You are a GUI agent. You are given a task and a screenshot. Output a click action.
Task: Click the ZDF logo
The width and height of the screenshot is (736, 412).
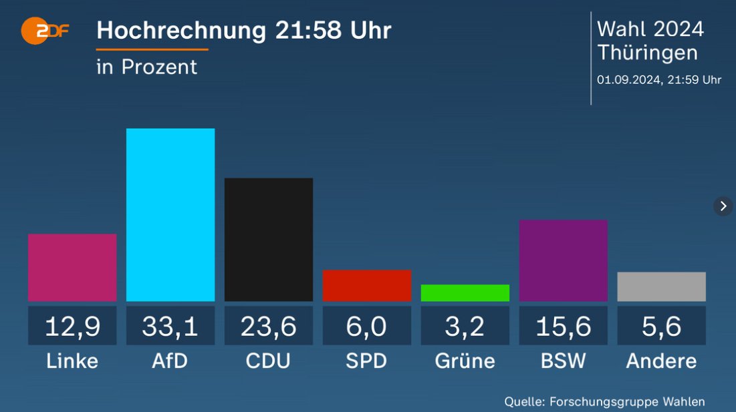(x=44, y=30)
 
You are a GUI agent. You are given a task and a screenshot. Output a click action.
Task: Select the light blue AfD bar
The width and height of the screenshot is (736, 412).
(x=170, y=214)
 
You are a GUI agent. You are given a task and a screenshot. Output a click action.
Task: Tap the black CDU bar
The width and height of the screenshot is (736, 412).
(x=268, y=239)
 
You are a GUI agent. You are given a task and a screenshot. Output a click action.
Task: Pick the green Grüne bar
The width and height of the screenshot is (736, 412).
(x=465, y=292)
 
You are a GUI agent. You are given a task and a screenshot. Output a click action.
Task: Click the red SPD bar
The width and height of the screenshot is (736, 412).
(x=366, y=285)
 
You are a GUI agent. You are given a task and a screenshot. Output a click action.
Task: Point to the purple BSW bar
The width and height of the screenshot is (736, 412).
(x=563, y=260)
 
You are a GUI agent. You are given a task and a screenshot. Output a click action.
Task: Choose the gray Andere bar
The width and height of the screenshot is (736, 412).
(x=661, y=286)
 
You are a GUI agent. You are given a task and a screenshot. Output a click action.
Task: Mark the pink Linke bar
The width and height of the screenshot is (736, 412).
(x=72, y=267)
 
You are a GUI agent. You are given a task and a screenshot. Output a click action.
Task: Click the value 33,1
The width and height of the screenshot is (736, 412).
(x=170, y=326)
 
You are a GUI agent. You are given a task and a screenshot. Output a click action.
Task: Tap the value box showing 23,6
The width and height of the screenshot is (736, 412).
(x=268, y=326)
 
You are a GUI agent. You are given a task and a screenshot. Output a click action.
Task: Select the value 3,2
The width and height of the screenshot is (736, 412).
(x=465, y=326)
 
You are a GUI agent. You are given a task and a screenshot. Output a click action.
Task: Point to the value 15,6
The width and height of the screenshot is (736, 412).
(x=563, y=326)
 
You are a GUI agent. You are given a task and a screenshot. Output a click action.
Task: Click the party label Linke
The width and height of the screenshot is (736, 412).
(x=72, y=361)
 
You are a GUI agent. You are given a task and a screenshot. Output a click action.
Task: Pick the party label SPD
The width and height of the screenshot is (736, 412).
(x=366, y=361)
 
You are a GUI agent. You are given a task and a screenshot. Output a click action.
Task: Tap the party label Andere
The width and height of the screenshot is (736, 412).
(x=661, y=361)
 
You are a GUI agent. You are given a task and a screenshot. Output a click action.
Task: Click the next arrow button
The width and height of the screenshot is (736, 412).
(x=723, y=206)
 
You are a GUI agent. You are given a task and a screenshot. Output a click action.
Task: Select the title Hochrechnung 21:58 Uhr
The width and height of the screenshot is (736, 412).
(x=244, y=31)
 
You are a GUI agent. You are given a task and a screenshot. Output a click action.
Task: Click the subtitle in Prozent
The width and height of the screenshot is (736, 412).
(x=147, y=67)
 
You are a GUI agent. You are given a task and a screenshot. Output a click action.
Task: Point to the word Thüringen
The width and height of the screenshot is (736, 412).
(x=647, y=53)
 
